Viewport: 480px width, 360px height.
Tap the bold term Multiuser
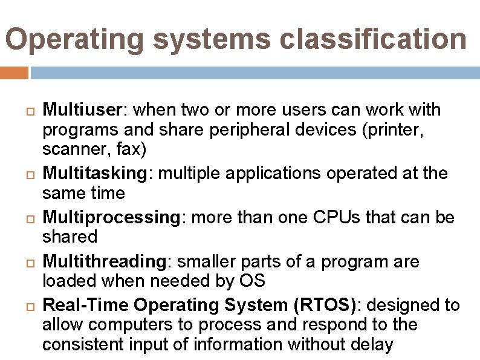pos(83,110)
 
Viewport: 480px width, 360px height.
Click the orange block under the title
pos(14,73)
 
